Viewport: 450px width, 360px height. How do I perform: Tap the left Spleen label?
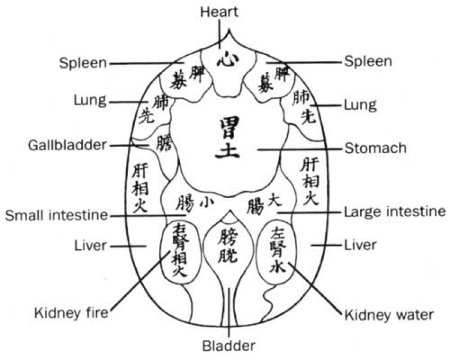[83, 62]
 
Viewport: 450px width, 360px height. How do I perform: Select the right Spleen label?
[368, 60]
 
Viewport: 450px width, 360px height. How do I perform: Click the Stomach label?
[375, 149]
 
